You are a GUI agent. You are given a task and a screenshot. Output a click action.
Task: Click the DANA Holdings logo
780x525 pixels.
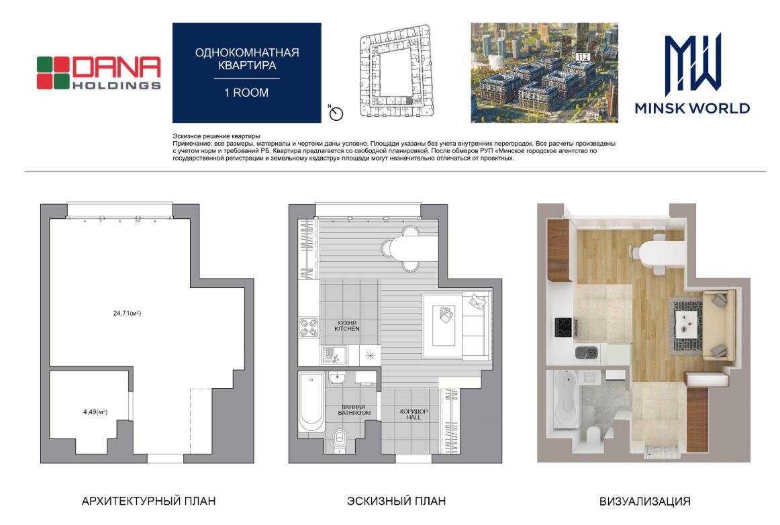pos(99,73)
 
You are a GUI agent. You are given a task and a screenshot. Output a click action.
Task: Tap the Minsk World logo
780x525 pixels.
pos(692,74)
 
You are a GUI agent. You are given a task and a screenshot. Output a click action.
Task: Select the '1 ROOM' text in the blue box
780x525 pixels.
pos(246,93)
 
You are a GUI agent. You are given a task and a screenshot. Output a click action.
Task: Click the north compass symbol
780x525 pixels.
pos(336,113)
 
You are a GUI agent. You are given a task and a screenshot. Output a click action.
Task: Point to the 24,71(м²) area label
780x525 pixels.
pos(127,313)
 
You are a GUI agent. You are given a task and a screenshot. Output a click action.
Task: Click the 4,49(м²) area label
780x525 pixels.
pos(95,412)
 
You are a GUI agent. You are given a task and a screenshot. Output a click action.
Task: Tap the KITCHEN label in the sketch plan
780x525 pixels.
pos(347,329)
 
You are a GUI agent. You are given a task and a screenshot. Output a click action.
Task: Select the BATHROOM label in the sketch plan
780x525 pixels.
pos(354,413)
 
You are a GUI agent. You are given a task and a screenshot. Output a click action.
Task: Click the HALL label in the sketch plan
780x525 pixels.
pos(413,418)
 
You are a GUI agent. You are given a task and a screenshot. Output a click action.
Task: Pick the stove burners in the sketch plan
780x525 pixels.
pos(309,328)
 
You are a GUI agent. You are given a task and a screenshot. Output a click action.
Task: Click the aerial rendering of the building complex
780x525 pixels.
pos(544,72)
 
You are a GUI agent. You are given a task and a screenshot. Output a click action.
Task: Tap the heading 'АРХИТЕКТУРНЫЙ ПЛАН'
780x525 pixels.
pos(148,501)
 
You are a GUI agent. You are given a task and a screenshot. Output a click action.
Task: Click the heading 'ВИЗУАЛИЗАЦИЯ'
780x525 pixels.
pos(644,502)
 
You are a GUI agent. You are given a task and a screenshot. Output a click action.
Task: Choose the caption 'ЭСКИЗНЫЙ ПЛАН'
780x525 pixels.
pos(396,501)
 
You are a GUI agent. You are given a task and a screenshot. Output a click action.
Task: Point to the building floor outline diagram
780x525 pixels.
pos(395,72)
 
